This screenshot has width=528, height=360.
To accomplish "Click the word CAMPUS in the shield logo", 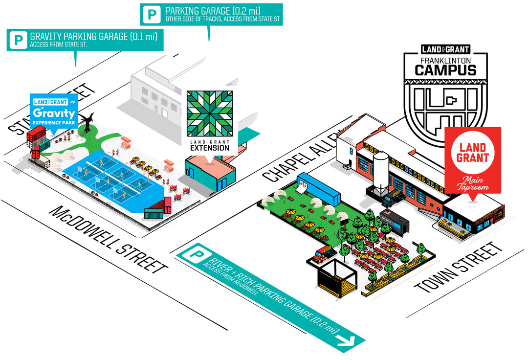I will click(445, 69).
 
